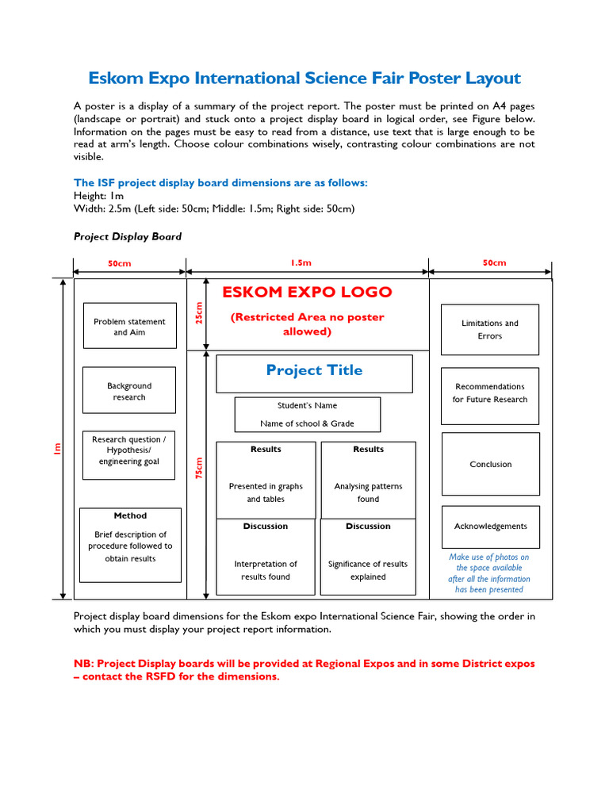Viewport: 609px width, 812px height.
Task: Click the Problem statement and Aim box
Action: [x=129, y=326]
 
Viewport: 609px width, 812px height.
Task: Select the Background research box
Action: [x=129, y=390]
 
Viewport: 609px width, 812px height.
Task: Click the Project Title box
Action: [x=314, y=373]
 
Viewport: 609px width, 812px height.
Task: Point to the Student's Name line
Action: [x=307, y=406]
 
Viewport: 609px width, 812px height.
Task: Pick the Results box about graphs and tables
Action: [x=266, y=480]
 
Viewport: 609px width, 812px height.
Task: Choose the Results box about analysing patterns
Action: [x=368, y=480]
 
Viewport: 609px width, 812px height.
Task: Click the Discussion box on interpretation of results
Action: [x=266, y=557]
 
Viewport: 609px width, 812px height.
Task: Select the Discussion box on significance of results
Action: [x=368, y=557]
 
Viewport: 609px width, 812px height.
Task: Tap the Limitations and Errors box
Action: [x=490, y=329]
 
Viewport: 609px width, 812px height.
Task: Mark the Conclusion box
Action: [x=490, y=464]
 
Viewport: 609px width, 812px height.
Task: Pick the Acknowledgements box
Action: [x=490, y=527]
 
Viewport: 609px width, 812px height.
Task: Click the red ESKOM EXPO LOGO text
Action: [x=307, y=292]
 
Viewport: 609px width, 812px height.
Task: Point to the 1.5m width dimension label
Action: [x=301, y=262]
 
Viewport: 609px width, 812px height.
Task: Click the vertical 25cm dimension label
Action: [x=199, y=313]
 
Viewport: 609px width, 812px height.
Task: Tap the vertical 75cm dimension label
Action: [x=199, y=468]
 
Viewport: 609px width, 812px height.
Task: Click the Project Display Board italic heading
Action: [x=128, y=236]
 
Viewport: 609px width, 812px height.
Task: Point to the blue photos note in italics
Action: [x=489, y=573]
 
